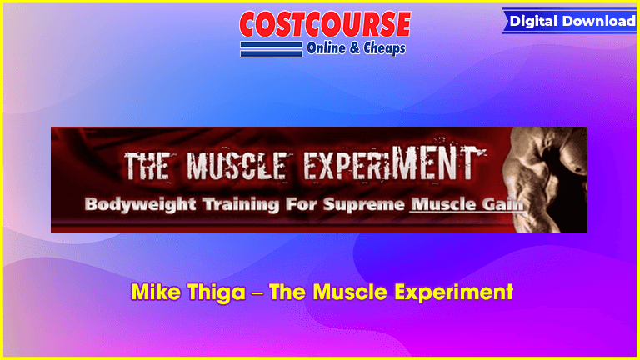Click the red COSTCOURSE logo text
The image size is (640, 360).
coord(325,24)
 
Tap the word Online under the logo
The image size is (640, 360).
coord(326,48)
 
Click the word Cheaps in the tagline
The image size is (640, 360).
coord(384,48)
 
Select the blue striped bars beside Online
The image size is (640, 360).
coord(272,49)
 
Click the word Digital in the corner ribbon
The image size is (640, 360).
coord(533,21)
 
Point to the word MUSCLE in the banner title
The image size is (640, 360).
coord(237,166)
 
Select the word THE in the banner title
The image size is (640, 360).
coord(147,166)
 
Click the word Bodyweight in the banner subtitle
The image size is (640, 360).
coord(140,204)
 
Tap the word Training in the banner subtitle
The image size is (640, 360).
coord(241,204)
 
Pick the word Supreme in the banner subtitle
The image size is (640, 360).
coord(363,204)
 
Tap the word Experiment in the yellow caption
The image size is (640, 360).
coord(450,293)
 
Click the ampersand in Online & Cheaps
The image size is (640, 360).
coord(355,48)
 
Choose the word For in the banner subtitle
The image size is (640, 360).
coord(301,204)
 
